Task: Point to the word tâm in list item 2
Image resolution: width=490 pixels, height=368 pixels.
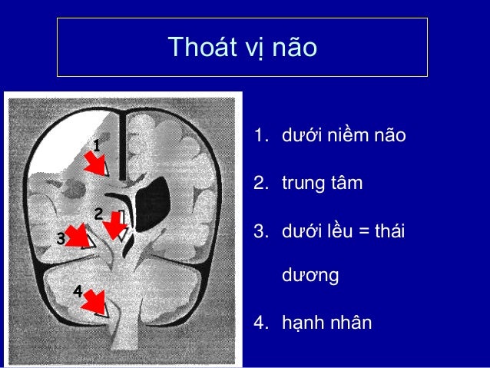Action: coord(347,184)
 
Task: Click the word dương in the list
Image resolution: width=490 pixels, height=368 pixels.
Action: coord(310,275)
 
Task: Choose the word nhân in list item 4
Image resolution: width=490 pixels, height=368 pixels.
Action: coord(351,321)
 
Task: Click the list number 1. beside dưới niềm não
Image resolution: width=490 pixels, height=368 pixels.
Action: coord(262,137)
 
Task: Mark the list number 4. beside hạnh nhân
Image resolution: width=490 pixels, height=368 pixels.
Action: coord(262,321)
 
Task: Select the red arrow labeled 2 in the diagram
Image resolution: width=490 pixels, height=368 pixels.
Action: coord(114,224)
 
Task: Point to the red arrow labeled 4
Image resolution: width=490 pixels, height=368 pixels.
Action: coord(94,300)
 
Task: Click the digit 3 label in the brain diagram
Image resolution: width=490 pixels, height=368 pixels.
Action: coord(61,238)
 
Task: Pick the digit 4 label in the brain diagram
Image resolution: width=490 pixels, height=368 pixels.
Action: coord(77,290)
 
